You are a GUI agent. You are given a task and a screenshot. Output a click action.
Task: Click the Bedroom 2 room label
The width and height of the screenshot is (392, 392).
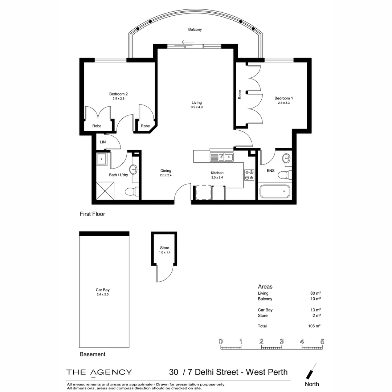tap(118, 94)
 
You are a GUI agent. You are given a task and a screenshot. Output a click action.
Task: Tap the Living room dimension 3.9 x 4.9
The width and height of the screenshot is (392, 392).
tap(196, 107)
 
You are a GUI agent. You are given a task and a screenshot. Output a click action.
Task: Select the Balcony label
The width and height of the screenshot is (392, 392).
tap(195, 29)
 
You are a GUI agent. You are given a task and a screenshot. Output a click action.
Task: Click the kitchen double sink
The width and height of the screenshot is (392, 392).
tap(222, 157)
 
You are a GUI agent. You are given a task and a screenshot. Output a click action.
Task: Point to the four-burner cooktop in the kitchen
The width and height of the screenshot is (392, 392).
tap(249, 175)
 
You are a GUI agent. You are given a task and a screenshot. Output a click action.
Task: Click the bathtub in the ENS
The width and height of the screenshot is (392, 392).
tap(275, 191)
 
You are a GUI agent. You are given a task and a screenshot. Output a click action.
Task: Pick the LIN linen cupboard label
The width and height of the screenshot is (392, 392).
tap(103, 142)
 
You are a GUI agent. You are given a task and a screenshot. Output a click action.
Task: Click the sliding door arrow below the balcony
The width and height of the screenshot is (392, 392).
tap(188, 41)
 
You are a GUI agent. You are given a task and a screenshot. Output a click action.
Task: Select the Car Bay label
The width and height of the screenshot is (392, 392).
tap(103, 290)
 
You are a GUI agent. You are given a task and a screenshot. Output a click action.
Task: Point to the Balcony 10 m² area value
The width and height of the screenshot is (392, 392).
tap(315, 299)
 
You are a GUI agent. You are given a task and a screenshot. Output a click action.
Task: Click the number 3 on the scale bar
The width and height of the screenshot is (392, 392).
tap(281, 342)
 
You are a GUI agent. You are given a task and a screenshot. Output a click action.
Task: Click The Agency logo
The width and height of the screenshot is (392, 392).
tap(99, 372)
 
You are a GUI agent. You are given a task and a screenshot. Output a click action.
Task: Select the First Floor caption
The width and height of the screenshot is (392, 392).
tap(92, 214)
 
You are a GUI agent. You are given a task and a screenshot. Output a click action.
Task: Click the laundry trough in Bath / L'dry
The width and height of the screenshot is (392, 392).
tap(102, 159)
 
